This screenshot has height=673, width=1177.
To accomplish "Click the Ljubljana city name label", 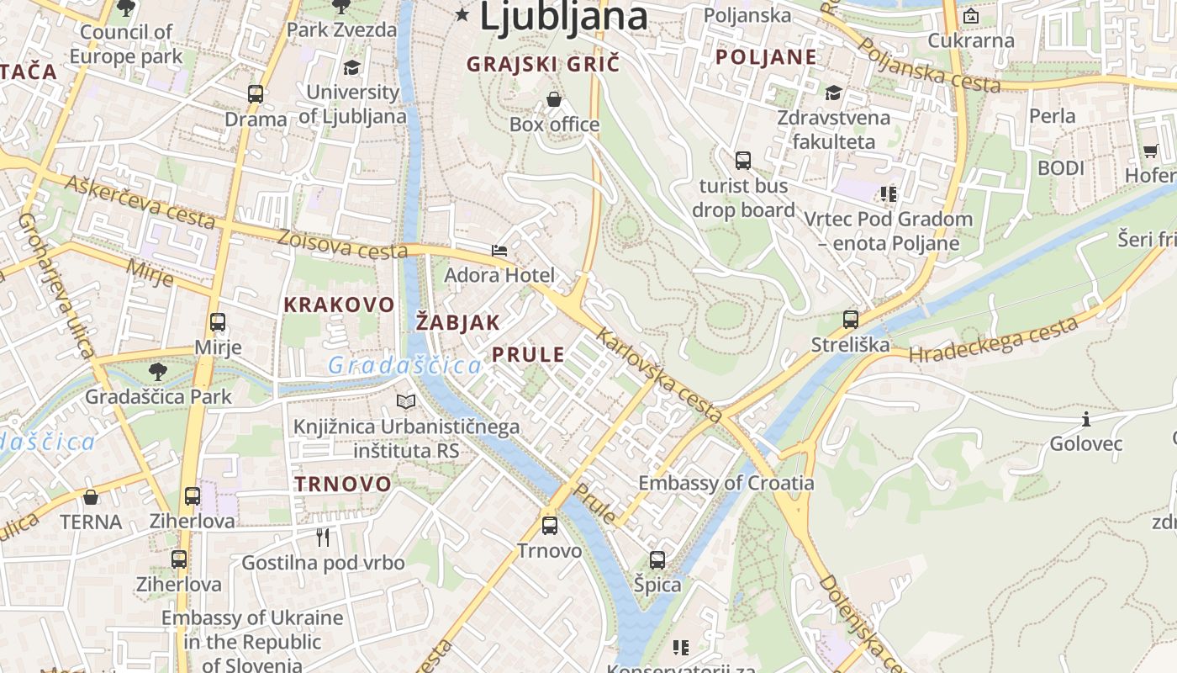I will coord(563,17).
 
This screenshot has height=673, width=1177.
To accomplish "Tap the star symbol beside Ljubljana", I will coord(462,14).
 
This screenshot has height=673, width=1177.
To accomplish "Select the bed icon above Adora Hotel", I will coord(499,250).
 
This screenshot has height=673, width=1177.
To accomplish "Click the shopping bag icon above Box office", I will coord(554,99).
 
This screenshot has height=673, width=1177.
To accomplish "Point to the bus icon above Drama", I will coord(256,94).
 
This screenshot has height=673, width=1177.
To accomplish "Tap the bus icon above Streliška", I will coord(851,320).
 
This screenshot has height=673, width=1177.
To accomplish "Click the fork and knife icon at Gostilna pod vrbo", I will coord(323,537).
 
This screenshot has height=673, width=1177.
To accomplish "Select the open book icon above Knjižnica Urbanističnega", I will coord(406,402).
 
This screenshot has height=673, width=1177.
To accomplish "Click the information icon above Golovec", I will coord(1086,419).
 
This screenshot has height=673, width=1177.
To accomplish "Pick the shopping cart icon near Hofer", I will coord(1150,151).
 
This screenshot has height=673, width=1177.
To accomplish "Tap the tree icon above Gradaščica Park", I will coord(157,371).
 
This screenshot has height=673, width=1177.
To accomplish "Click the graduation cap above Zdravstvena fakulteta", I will coord(833,93).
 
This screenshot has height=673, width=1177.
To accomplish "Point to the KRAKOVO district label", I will coord(339,305).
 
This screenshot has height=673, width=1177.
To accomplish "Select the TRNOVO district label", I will coord(343,484).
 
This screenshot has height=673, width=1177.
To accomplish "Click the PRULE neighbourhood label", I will coord(528,354).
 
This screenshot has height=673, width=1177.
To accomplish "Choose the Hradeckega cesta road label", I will coord(993,340).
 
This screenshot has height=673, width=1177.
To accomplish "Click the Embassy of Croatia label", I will coord(726,483).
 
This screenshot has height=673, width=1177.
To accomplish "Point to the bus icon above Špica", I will coord(657,559).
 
